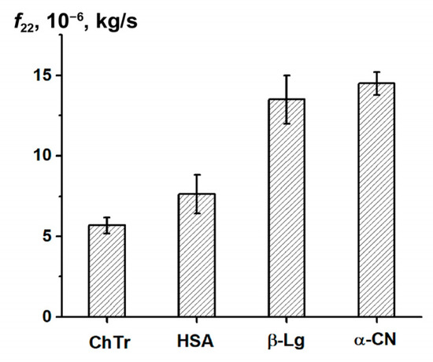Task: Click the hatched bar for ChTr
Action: [107, 271]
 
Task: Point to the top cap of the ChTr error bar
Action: [107, 217]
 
